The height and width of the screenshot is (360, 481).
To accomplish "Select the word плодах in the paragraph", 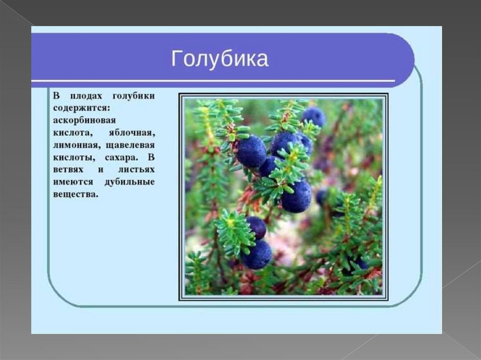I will (85, 96).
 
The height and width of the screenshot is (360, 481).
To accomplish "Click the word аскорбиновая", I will (84, 121).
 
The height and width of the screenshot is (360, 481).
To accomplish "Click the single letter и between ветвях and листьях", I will (100, 169).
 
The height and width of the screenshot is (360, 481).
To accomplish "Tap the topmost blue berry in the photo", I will (313, 117).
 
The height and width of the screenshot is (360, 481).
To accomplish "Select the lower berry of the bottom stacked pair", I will (257, 255).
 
